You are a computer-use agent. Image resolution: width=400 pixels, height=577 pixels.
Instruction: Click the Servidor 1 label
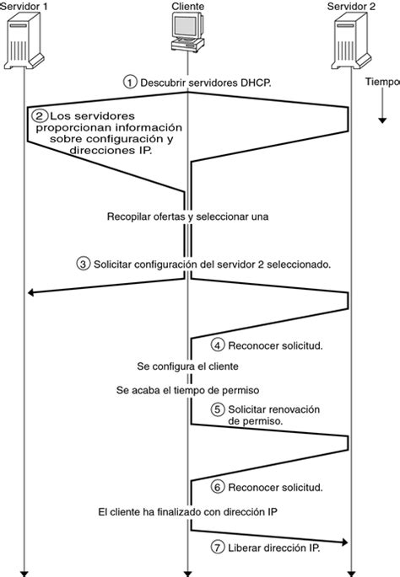point(26,7)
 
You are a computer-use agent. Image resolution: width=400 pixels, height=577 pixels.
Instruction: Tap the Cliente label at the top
point(186,7)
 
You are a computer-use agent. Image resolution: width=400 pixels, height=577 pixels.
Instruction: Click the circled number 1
point(129,82)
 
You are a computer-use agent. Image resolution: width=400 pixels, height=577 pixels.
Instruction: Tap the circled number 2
point(39,115)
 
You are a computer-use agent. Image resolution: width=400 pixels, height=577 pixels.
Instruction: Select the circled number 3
point(83,264)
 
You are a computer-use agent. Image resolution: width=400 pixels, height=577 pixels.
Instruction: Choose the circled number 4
point(217,345)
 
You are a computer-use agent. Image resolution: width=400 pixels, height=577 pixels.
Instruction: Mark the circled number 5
point(217,409)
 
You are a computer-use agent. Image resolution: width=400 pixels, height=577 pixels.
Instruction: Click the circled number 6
point(217,488)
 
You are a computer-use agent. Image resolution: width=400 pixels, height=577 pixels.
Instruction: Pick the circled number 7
point(217,548)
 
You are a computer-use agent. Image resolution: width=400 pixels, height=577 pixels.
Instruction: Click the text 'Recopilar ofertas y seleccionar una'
point(187,216)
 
